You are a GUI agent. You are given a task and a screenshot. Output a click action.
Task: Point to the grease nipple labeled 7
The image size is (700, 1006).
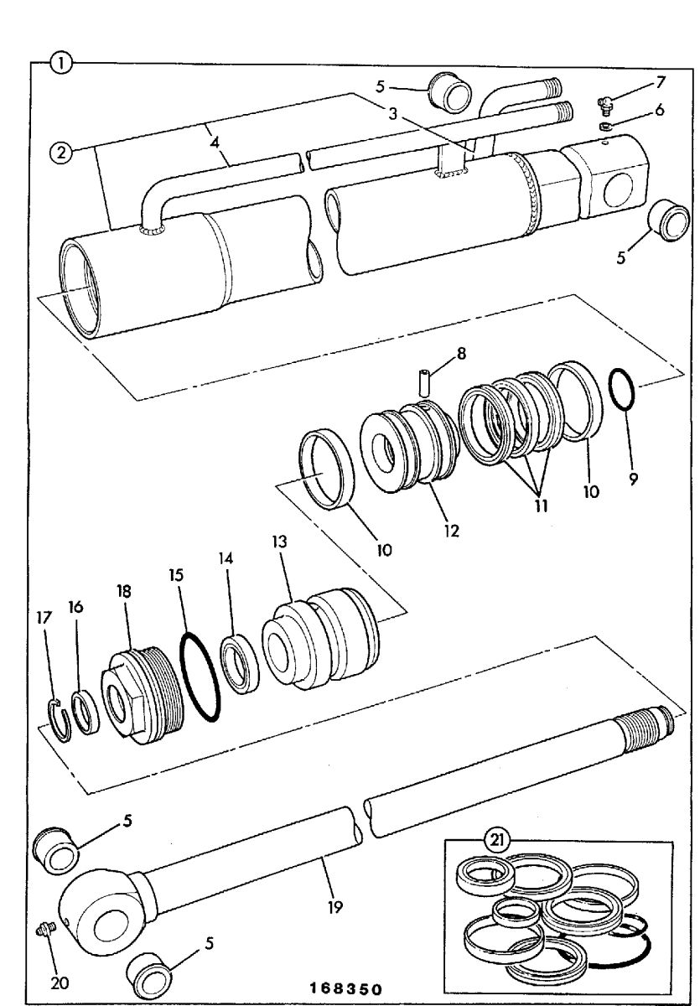click(x=608, y=106)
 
